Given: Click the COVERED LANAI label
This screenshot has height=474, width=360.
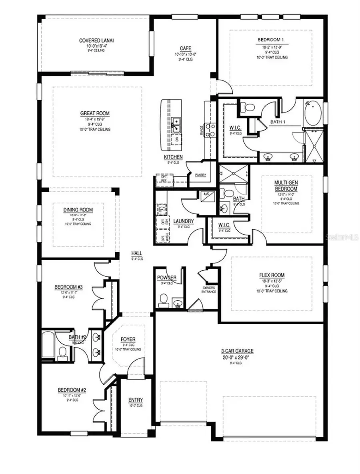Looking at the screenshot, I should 95,40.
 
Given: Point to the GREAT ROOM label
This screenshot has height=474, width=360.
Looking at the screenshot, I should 95,113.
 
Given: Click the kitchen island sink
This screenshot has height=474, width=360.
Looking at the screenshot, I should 176,124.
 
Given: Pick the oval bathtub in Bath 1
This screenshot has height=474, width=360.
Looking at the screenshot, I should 313,114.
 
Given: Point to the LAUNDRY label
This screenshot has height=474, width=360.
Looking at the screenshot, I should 184,221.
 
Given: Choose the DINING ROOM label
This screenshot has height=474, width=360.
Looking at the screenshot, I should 78,210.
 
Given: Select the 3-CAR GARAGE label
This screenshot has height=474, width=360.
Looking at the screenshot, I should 239,351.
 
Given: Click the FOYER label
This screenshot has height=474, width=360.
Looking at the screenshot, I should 128,339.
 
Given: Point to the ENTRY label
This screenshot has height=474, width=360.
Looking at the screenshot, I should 136,400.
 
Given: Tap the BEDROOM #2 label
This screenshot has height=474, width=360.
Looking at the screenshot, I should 70,390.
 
